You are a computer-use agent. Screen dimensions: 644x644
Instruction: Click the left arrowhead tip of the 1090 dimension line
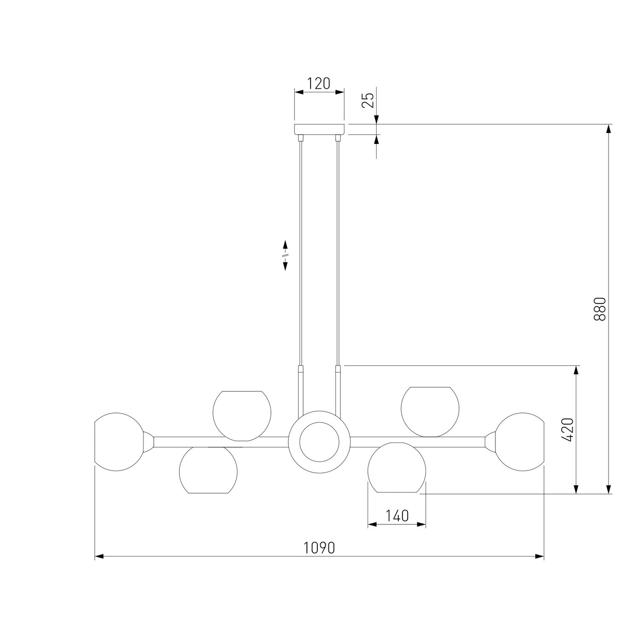tap(95, 557)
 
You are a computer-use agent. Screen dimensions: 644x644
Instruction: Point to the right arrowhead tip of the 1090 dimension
tap(544, 557)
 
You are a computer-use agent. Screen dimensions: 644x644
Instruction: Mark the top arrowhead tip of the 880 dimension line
tap(609, 125)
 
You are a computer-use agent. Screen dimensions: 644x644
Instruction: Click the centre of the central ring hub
tap(319, 442)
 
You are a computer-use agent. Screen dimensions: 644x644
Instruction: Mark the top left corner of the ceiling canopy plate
tap(294, 125)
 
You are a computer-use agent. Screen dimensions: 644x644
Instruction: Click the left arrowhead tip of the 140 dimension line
tap(368, 525)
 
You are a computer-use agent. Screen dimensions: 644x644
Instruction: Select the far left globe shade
tap(119, 442)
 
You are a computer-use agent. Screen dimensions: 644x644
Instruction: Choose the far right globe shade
tap(520, 442)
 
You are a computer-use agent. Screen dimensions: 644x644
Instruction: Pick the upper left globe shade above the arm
tap(242, 416)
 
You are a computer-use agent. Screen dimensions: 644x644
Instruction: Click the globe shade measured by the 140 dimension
tap(397, 467)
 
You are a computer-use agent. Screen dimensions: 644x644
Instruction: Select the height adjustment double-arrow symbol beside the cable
tap(285, 255)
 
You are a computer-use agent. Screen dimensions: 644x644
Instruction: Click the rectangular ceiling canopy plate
tap(319, 129)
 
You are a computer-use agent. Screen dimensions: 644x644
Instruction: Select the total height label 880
tap(600, 309)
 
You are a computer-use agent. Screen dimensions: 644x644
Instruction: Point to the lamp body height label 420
tap(568, 430)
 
